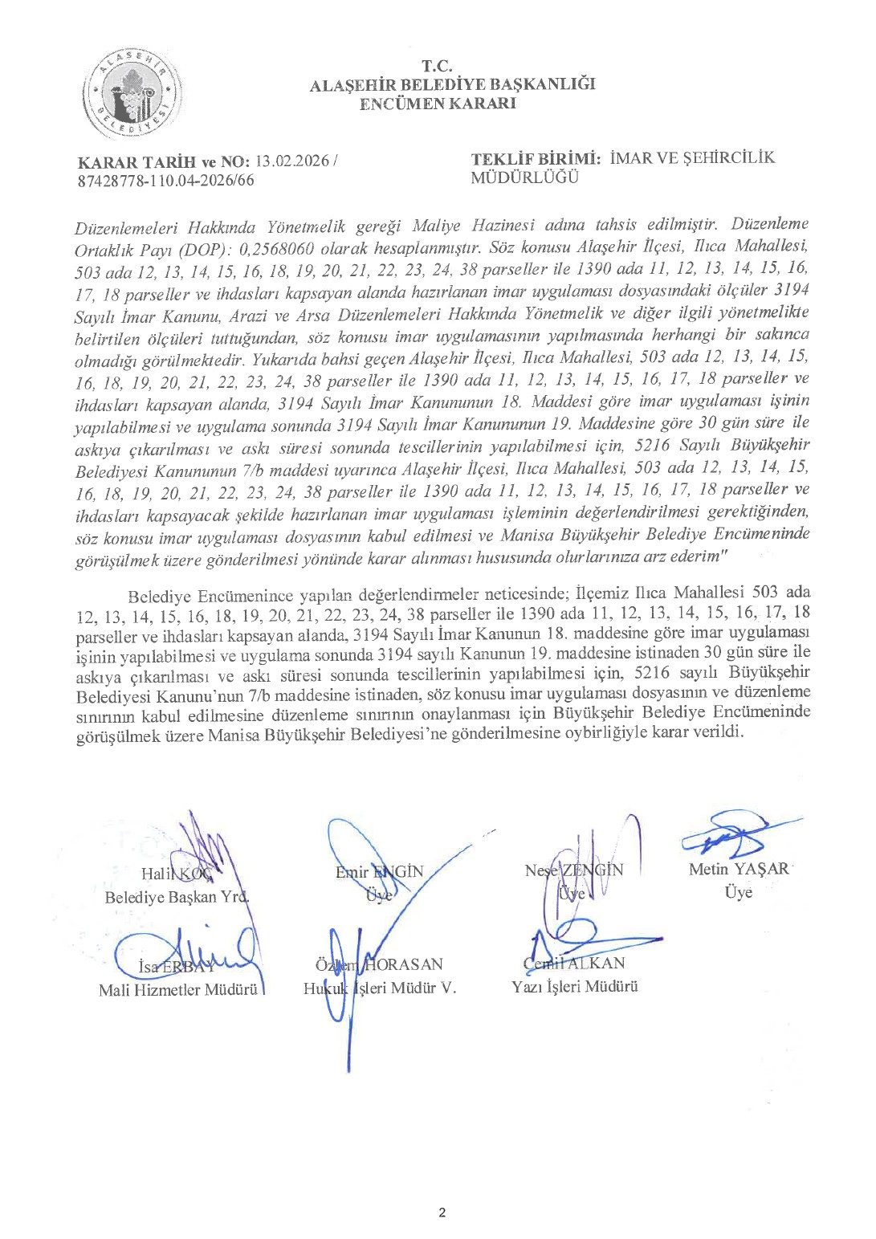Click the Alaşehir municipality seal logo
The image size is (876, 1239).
132,95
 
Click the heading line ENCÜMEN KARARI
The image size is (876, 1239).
438,104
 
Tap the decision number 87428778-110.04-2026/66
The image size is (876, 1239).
166,181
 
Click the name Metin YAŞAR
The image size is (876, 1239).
739,869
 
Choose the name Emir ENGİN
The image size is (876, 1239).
379,872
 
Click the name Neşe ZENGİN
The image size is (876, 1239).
573,870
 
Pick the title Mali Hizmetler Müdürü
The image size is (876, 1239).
178,990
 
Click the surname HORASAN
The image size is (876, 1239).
404,964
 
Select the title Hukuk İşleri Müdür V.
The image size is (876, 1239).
380,988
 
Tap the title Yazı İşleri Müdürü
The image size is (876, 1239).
575,987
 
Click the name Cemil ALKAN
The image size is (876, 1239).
573,963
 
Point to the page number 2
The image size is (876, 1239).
442,1213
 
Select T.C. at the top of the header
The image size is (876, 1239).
438,67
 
